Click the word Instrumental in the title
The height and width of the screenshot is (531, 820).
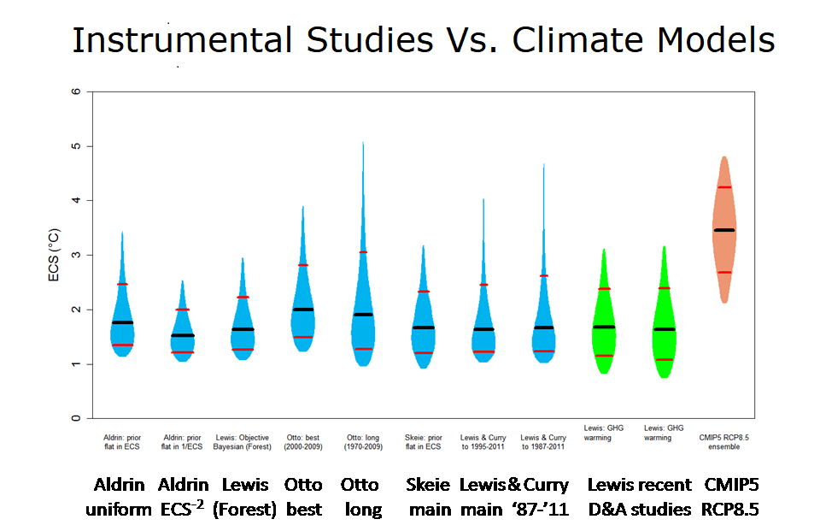(x=184, y=39)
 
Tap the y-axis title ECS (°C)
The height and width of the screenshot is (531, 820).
(x=54, y=255)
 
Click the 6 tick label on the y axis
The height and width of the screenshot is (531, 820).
(x=77, y=91)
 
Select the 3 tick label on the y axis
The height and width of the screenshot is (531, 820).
(x=77, y=255)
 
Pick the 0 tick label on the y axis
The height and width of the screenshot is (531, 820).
(x=77, y=419)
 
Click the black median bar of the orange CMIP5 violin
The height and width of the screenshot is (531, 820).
(x=724, y=230)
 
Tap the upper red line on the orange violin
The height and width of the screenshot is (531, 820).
(x=724, y=187)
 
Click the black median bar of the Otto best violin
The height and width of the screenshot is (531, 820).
(x=303, y=310)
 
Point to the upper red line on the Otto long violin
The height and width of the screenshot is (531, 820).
(x=363, y=252)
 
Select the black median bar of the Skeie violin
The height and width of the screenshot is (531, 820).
(x=423, y=327)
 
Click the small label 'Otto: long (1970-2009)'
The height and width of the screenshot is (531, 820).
(x=363, y=442)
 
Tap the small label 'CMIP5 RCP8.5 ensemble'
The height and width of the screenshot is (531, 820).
(x=724, y=442)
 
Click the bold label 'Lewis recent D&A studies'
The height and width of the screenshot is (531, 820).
(x=639, y=497)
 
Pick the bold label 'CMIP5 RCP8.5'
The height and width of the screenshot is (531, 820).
(x=731, y=497)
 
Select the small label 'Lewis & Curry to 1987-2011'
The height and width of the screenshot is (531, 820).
(x=543, y=442)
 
